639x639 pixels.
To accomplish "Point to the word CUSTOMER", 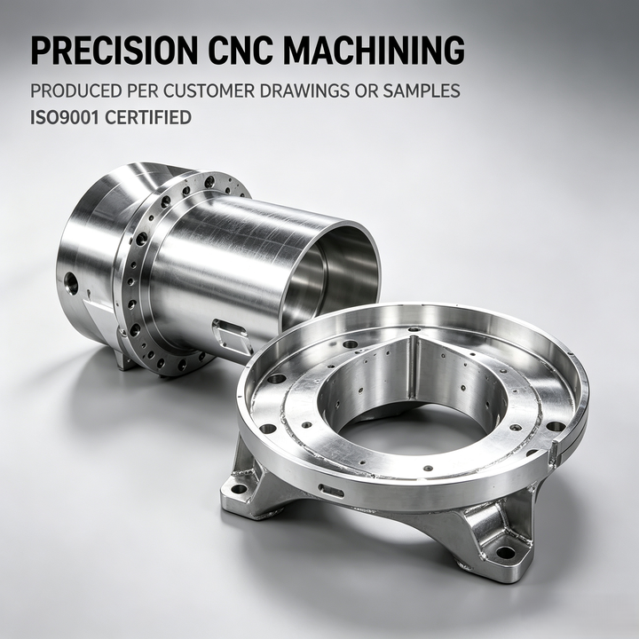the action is coord(209,91).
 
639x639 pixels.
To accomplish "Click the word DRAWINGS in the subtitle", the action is coord(304,91).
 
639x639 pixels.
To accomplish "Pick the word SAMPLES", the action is coord(422,91).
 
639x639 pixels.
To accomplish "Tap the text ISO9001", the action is coord(65,117).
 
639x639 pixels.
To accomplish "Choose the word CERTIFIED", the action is coord(148,117).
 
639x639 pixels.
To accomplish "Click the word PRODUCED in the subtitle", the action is coord(76,91).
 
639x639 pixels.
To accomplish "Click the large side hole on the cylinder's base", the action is coord(71,284).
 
